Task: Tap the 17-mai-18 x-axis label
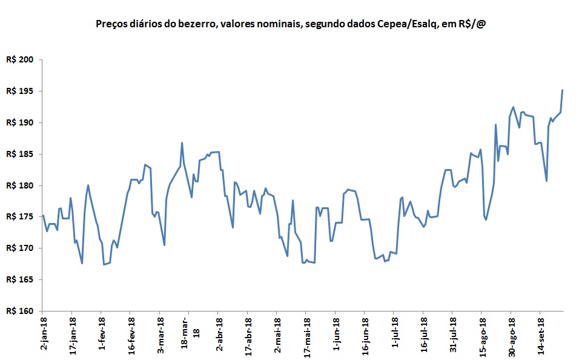[x=308, y=333]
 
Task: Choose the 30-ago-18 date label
[x=512, y=333]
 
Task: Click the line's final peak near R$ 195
[x=563, y=90]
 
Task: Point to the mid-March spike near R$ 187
[x=182, y=143]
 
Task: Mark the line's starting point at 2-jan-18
[x=43, y=215]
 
